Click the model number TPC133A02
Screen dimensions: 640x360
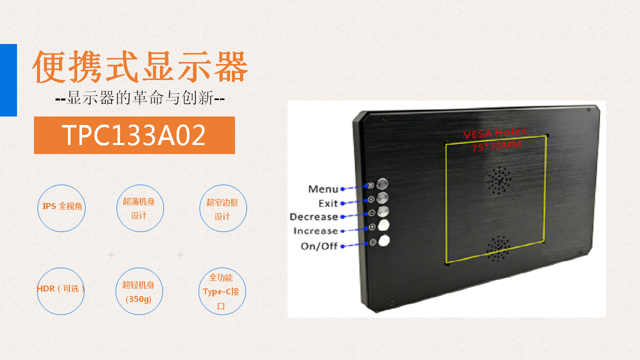[x=133, y=135]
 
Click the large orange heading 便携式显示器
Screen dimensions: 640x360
[x=140, y=67]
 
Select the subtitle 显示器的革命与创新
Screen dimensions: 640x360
[x=140, y=98]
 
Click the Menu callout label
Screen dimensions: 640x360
[x=323, y=189]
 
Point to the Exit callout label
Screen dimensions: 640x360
[x=328, y=203]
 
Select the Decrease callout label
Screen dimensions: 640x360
[x=314, y=217]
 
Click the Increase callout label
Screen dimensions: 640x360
[x=315, y=231]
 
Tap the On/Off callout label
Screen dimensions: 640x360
[x=319, y=246]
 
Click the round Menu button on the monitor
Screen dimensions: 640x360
[x=382, y=183]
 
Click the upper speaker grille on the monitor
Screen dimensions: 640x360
[x=499, y=180]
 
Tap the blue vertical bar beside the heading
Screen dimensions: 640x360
[x=8, y=80]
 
